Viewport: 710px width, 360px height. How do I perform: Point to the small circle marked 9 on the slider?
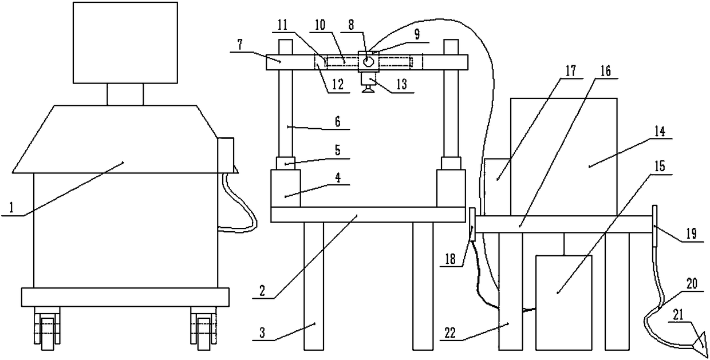click(x=367, y=60)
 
